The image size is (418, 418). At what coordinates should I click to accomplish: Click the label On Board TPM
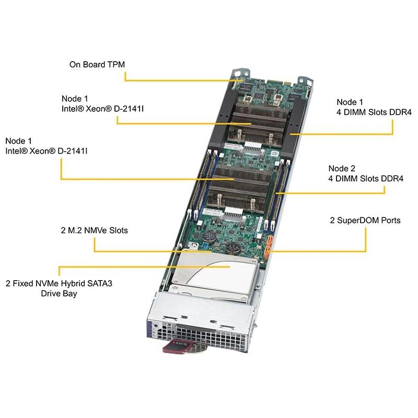97,65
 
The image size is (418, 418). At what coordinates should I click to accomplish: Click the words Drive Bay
59,294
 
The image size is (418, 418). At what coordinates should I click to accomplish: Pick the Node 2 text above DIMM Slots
342,168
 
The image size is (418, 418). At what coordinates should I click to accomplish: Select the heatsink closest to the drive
233,188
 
